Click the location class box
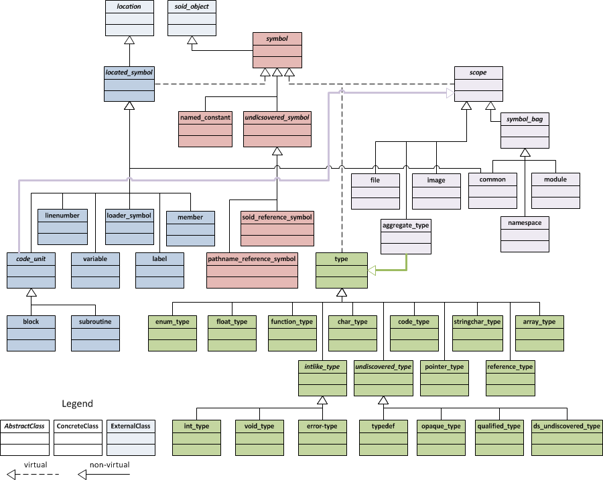click(x=129, y=18)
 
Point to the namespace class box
click(x=525, y=234)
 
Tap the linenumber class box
click(x=62, y=228)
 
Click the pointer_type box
click(x=444, y=378)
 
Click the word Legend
click(x=78, y=404)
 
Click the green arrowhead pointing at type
click(x=373, y=270)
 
